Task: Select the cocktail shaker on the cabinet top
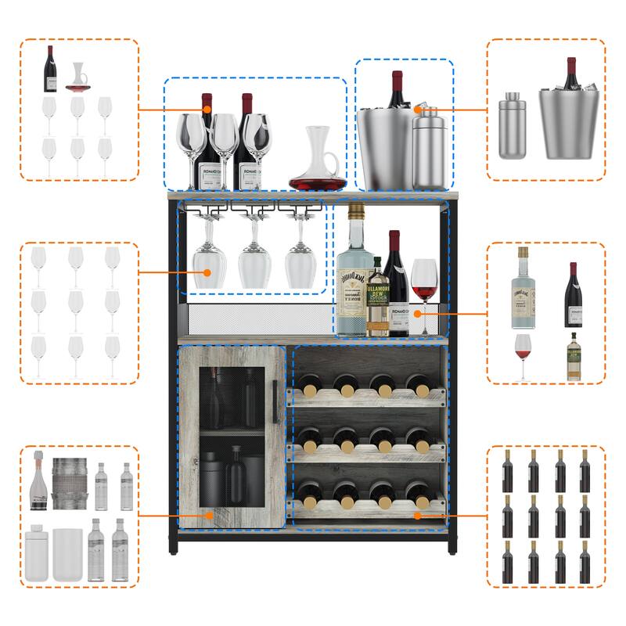(429, 149)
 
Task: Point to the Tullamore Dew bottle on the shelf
(379, 301)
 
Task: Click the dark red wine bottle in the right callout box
(574, 297)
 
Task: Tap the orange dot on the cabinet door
(208, 515)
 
